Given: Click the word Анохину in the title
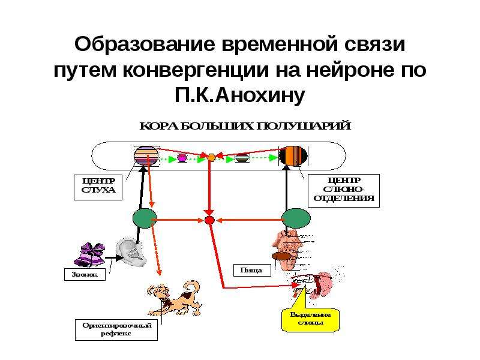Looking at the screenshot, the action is [x=262, y=95].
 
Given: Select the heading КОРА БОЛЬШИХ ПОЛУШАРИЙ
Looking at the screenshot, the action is [x=245, y=126].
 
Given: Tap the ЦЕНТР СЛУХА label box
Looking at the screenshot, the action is [x=98, y=187].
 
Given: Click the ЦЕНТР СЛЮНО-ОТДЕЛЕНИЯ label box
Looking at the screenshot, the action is [x=343, y=190].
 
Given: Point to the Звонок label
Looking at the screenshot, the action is [x=85, y=274].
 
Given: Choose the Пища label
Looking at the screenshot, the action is [x=252, y=271].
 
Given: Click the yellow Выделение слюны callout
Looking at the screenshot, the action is [x=310, y=319].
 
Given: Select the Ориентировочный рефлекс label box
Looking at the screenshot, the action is [x=116, y=329].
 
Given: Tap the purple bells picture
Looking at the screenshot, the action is [x=89, y=254].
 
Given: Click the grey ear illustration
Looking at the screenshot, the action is [x=131, y=253].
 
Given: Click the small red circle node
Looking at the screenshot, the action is [x=209, y=220].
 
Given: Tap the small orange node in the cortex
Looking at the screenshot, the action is [x=211, y=158].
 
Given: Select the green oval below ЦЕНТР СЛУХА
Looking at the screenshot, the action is [x=145, y=218].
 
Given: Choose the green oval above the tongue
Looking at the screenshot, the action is [x=296, y=218].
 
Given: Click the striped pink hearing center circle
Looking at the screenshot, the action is [x=146, y=156].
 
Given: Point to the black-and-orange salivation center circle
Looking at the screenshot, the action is [x=293, y=156].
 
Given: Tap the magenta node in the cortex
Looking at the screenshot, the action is [x=182, y=158].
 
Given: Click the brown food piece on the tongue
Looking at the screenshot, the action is [x=281, y=256].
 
